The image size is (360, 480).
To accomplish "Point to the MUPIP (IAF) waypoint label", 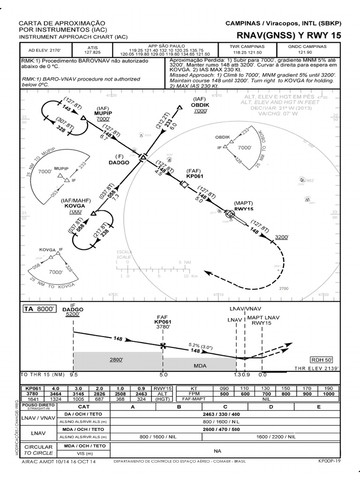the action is pyautogui.click(x=103, y=113).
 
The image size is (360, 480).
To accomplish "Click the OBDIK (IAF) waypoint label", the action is pyautogui.click(x=200, y=105).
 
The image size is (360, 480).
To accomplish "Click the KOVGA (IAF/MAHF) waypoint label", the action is pyautogui.click(x=75, y=206).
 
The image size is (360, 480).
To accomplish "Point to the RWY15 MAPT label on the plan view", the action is pyautogui.click(x=244, y=209).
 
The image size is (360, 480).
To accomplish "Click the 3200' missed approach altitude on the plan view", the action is pyautogui.click(x=283, y=237).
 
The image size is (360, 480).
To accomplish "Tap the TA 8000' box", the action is pyautogui.click(x=40, y=309).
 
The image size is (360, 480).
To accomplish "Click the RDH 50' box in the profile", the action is pyautogui.click(x=322, y=360).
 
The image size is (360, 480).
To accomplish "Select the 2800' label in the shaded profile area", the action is pyautogui.click(x=117, y=360).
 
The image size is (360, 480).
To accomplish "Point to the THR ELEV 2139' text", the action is pyautogui.click(x=316, y=369).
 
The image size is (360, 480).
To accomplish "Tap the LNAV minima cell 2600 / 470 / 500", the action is pyautogui.click(x=225, y=429).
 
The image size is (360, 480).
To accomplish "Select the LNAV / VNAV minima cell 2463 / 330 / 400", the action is pyautogui.click(x=225, y=415).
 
